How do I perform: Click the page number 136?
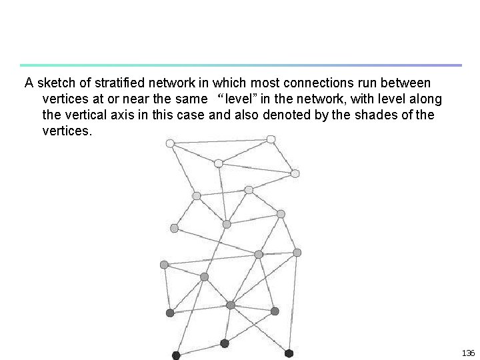pyautogui.click(x=467, y=352)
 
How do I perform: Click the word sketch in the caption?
pyautogui.click(x=54, y=83)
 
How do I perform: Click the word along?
pyautogui.click(x=427, y=99)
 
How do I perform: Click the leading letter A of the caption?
pyautogui.click(x=29, y=83)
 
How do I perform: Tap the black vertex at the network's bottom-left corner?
pyautogui.click(x=176, y=355)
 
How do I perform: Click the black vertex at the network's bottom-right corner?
pyautogui.click(x=289, y=353)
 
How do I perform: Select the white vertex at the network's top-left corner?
pyautogui.click(x=170, y=143)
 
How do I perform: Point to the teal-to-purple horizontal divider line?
pyautogui.click(x=240, y=65)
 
